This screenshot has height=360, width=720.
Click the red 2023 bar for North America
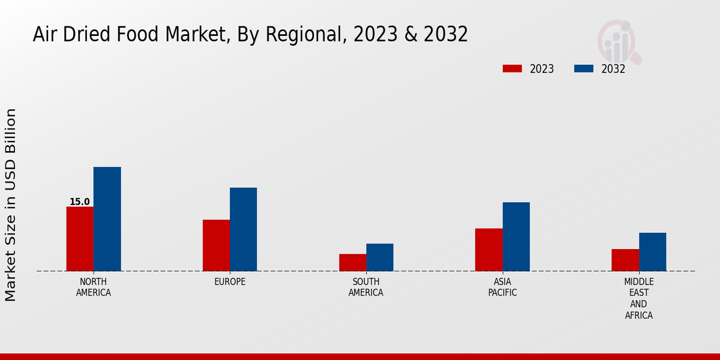point(80,239)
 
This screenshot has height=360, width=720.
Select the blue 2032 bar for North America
point(107,219)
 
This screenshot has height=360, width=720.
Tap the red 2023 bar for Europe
point(216,245)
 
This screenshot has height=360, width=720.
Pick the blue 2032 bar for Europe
point(243,229)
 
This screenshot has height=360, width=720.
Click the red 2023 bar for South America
point(352,262)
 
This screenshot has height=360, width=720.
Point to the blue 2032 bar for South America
point(380,257)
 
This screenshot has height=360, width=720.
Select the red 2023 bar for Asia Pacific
point(488,250)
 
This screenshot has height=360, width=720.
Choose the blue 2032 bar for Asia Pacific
point(516,236)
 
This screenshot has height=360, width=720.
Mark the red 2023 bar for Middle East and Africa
point(625,260)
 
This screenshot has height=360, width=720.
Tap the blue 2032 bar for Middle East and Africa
point(652,252)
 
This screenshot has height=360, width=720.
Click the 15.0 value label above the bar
point(79,202)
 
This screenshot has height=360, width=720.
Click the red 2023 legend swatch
point(512,69)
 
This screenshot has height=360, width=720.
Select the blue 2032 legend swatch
point(583,69)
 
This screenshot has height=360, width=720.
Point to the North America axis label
point(94,287)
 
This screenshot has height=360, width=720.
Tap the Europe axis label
point(230,282)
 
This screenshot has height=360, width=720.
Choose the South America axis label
point(366,287)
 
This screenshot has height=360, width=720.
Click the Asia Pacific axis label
point(503,287)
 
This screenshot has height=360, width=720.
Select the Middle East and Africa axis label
point(639,298)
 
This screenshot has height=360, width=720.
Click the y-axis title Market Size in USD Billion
point(11,205)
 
